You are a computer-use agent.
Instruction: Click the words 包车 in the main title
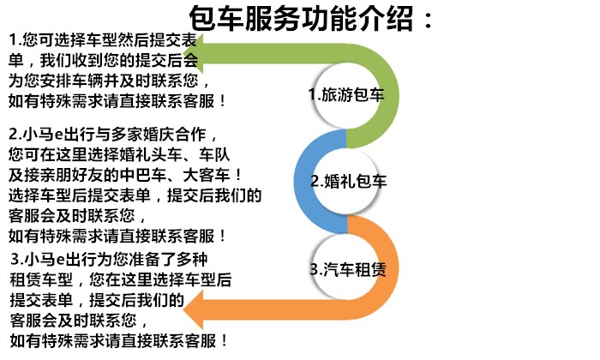point(217,18)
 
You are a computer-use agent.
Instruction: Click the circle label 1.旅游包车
point(346,95)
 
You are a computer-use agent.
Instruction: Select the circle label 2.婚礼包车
point(349,181)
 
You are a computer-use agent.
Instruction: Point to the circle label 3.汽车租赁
point(348,269)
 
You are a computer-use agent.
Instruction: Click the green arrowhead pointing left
point(193,53)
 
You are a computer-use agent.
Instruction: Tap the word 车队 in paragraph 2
point(214,154)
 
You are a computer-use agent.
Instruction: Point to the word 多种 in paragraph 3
point(192,260)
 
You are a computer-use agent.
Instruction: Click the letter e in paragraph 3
point(60,261)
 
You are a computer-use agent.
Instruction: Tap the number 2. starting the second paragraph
point(15,135)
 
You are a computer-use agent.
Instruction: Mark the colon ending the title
point(429,21)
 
